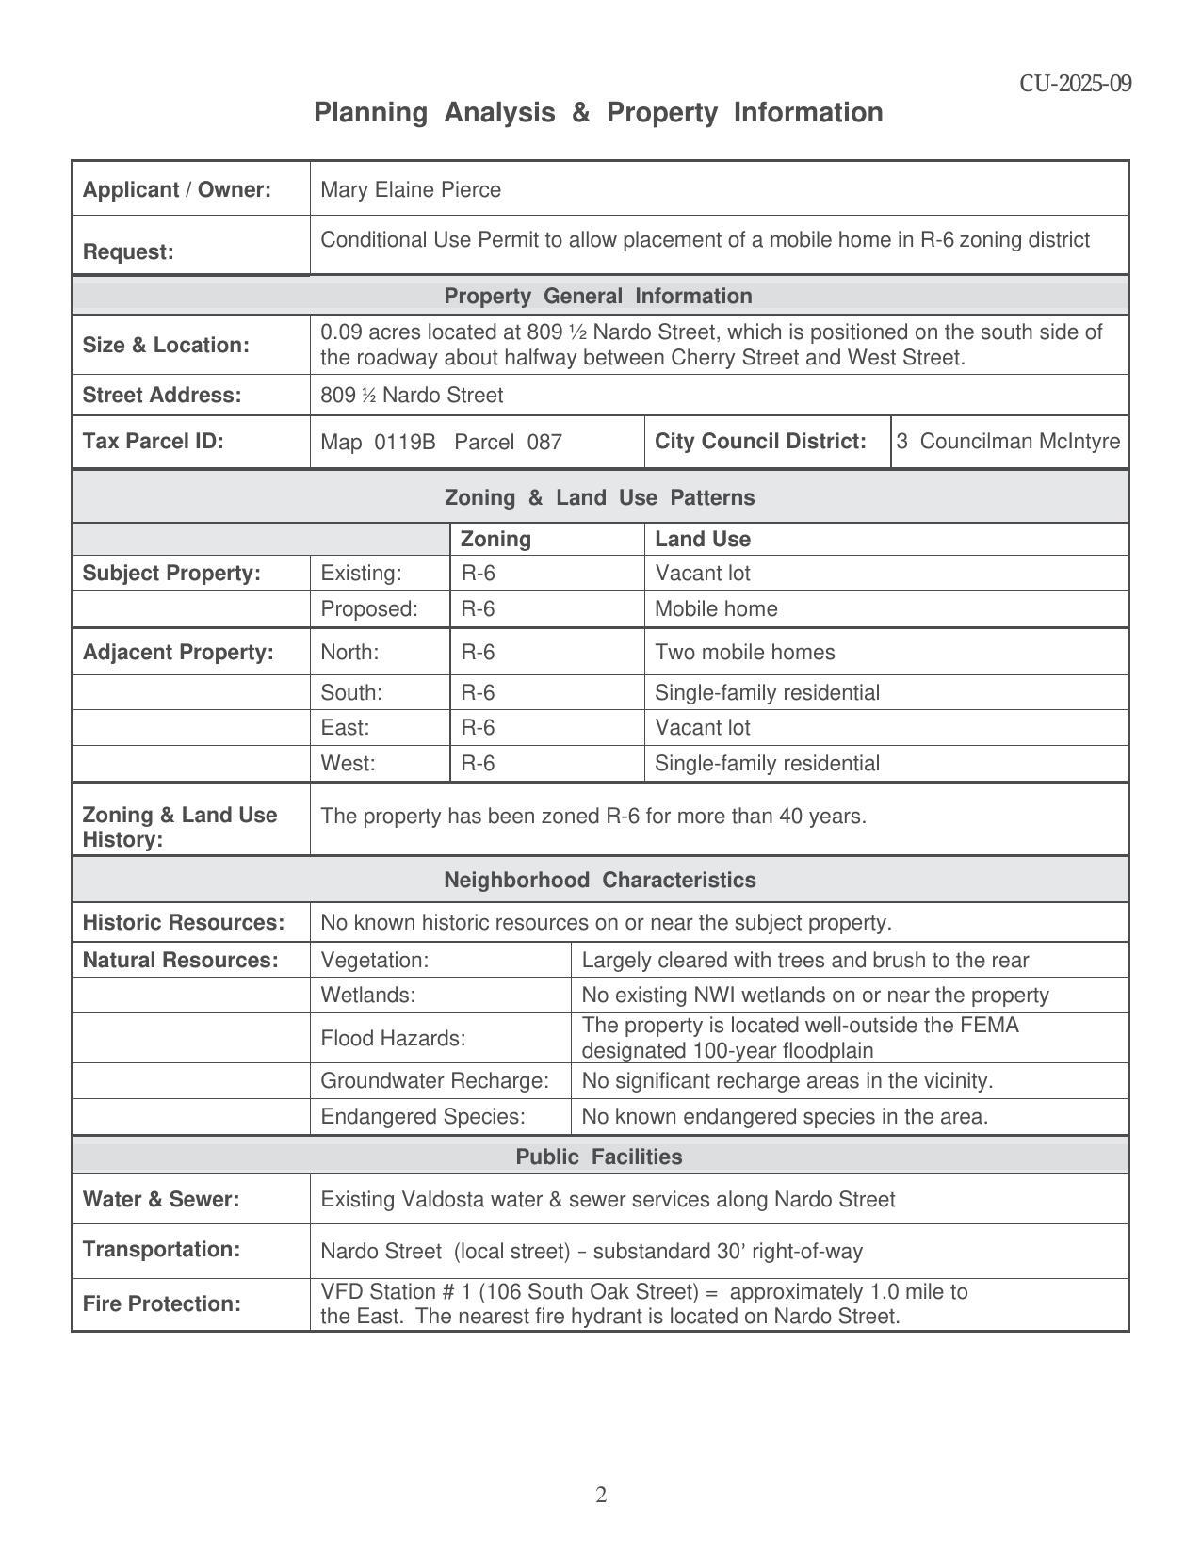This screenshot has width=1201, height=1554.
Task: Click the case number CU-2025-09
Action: click(1075, 84)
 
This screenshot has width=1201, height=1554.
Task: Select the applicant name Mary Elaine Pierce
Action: click(411, 190)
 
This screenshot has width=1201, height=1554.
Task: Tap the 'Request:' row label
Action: click(128, 252)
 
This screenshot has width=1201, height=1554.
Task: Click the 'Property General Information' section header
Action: click(598, 297)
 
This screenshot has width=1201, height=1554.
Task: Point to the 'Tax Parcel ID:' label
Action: click(153, 441)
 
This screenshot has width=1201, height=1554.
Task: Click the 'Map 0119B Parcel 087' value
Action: click(441, 442)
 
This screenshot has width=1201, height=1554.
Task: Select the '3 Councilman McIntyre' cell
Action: click(1008, 441)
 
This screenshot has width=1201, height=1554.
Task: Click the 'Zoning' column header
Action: click(495, 539)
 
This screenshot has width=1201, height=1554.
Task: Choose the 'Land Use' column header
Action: click(703, 539)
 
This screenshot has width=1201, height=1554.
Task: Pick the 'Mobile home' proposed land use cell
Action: click(716, 609)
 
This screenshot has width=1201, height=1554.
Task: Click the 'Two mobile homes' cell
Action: click(744, 652)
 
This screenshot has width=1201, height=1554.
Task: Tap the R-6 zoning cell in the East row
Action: click(478, 727)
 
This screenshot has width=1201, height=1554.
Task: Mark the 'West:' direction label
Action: click(348, 763)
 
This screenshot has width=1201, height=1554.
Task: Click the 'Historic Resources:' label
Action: click(183, 922)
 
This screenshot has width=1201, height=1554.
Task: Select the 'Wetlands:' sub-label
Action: click(367, 995)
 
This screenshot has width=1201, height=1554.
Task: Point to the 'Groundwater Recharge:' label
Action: click(434, 1080)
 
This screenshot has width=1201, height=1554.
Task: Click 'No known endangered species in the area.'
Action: click(785, 1116)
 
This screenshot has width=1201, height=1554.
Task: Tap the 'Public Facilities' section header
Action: click(598, 1157)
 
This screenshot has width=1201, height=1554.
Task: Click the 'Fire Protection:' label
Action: click(161, 1303)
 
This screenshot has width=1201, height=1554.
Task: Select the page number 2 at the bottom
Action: click(601, 1495)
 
